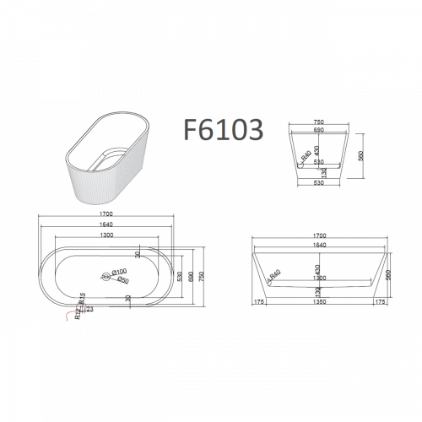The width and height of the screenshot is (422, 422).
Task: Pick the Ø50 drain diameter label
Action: (123, 279)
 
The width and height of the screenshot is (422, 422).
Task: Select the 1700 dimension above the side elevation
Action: (319, 236)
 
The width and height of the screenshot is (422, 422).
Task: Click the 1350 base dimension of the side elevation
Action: (319, 300)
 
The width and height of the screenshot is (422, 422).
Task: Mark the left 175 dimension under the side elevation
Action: (259, 300)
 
